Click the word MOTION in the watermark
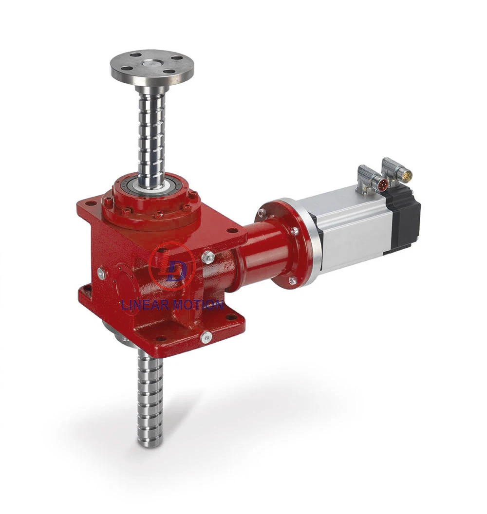pyautogui.click(x=197, y=305)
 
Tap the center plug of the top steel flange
pyautogui.click(x=151, y=63)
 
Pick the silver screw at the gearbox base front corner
pyautogui.click(x=206, y=336)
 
